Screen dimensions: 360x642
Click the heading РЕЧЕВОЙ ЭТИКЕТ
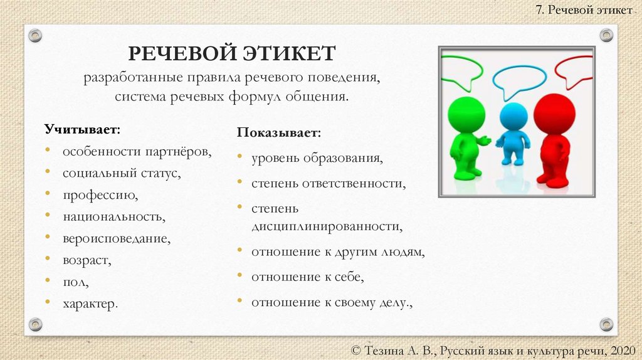tap(232, 54)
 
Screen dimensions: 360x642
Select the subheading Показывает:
tap(279, 134)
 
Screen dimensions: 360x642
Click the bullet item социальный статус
tap(121, 173)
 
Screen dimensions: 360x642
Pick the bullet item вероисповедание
tap(116, 238)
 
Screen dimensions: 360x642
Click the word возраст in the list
tap(87, 260)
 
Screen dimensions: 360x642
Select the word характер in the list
tap(89, 304)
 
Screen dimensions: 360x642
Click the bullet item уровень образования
tap(317, 158)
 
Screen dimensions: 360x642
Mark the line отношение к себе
tap(307, 277)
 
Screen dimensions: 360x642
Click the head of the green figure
tap(466, 114)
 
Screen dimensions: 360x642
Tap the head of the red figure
tap(554, 114)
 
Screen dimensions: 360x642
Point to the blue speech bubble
tap(519, 78)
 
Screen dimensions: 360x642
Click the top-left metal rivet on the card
tap(36, 35)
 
